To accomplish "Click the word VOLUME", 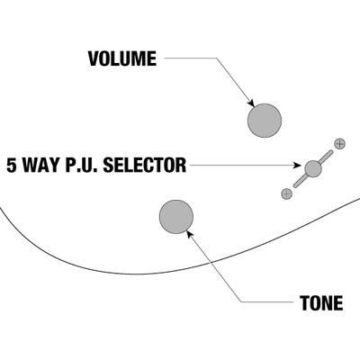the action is tap(122, 58).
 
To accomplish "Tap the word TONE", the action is tap(321, 303).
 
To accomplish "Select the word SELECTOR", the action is tap(145, 166).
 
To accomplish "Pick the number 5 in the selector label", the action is tap(12, 166).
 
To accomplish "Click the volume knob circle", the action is tap(265, 121).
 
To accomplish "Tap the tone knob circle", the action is tap(176, 217).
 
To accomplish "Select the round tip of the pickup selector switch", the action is tap(313, 169).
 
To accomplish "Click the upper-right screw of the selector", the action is tap(339, 144).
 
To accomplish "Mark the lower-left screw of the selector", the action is tap(286, 193).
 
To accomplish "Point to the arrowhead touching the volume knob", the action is tap(251, 103).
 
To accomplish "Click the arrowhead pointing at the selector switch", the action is tap(297, 165).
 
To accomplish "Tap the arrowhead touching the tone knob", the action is tap(190, 234).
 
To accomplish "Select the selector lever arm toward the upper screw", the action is tap(326, 157).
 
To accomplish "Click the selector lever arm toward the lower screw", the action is tap(300, 182).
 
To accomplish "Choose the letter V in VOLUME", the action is tap(94, 58).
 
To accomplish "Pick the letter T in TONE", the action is tap(304, 303).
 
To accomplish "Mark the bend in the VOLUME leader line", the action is tap(216, 58).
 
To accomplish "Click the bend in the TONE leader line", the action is tap(241, 301).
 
